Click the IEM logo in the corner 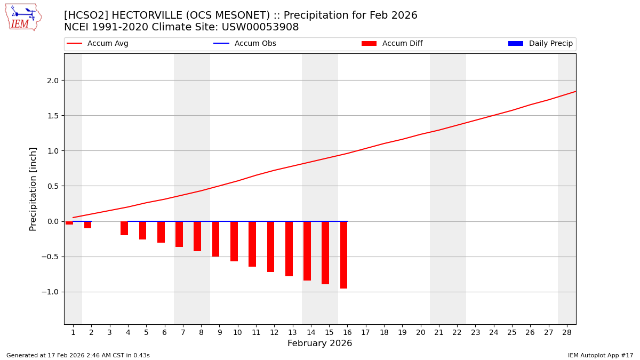[23, 17]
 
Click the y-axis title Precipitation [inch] [33, 189]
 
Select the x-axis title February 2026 [319, 343]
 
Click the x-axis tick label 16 [347, 332]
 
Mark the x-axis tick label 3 [110, 332]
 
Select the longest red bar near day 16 [343, 255]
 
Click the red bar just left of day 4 [124, 228]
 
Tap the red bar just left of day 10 [234, 241]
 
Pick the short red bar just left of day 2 [87, 225]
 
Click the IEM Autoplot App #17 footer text [600, 355]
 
